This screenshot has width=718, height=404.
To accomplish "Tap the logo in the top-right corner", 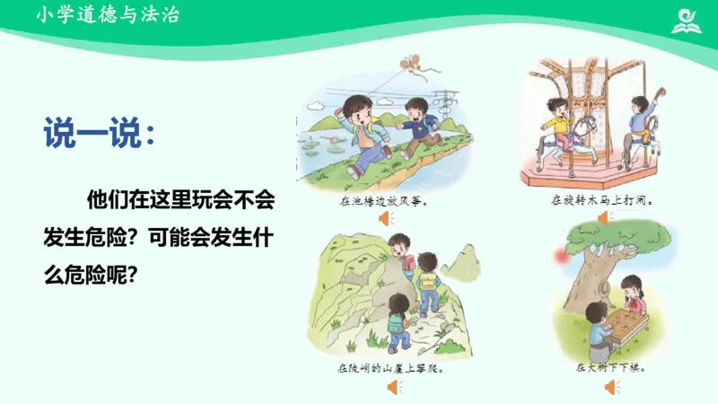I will (x=689, y=19).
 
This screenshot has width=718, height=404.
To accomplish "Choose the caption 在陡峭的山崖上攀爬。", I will (x=390, y=368).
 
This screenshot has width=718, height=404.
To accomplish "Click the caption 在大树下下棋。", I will (x=613, y=368).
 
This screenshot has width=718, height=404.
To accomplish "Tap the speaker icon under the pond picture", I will (x=385, y=218).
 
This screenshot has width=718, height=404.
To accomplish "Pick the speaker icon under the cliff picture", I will (x=393, y=387).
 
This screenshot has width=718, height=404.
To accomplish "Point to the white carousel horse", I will (x=586, y=135).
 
